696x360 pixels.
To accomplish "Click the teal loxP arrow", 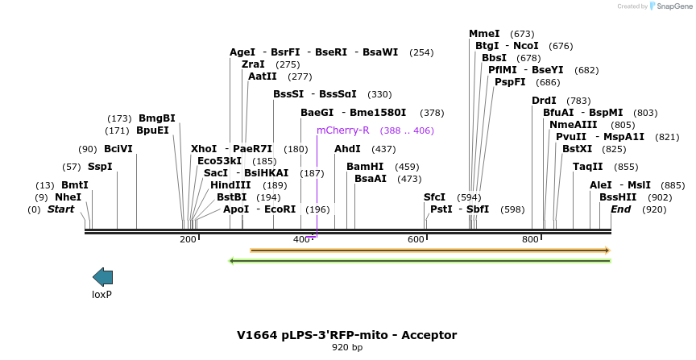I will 102,277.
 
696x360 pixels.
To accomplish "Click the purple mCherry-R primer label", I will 342,130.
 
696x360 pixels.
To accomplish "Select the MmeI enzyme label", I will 484,33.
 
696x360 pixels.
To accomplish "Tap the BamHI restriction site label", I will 365,166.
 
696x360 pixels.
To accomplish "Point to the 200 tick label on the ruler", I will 188,239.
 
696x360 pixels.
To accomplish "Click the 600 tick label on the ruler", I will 416,239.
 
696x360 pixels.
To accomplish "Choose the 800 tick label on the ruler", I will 530,239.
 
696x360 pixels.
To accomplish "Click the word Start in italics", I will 60,209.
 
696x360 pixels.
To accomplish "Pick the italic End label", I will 620,209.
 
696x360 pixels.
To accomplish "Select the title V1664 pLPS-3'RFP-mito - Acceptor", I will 346,335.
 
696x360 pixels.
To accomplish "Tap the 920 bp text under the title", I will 346,348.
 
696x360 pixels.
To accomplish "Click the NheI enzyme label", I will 68,197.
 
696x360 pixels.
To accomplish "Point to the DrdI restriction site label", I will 544,100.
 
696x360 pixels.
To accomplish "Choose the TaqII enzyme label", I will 587,166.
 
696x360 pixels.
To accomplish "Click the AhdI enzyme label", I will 347,149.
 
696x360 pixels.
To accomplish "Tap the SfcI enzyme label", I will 434,197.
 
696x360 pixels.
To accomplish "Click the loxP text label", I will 101,295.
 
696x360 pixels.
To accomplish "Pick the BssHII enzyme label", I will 618,197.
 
